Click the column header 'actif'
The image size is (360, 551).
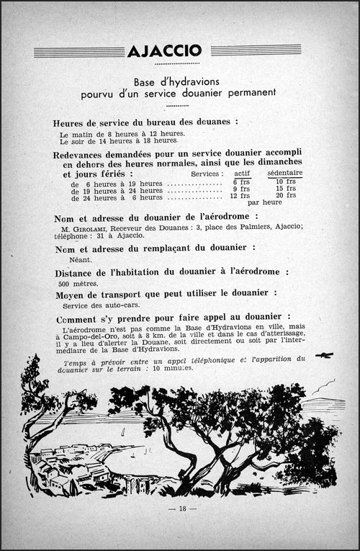coord(243,174)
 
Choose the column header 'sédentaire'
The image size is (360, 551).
coord(284,174)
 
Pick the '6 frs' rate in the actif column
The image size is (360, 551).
coord(240,182)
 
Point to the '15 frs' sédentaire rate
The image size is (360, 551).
coord(285,189)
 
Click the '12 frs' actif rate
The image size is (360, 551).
coord(240,196)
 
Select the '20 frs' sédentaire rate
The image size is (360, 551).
coord(285,196)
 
